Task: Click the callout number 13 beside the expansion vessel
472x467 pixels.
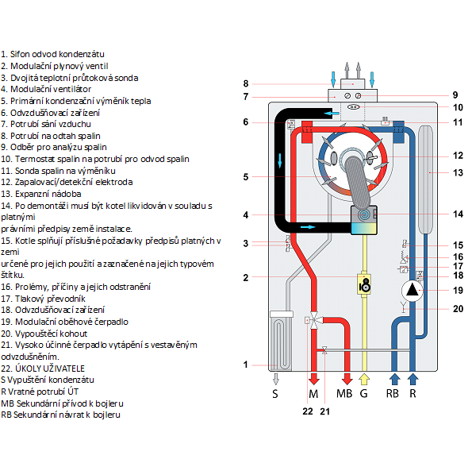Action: pyautogui.click(x=458, y=172)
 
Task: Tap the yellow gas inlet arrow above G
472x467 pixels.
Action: pyautogui.click(x=364, y=380)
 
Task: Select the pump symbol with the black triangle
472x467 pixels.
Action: pyautogui.click(x=412, y=291)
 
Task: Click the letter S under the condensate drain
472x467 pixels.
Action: pyautogui.click(x=274, y=393)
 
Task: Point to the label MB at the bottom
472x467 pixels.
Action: pyautogui.click(x=344, y=393)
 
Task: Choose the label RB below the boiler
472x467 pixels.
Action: pyautogui.click(x=392, y=393)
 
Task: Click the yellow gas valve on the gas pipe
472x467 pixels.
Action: pyautogui.click(x=364, y=284)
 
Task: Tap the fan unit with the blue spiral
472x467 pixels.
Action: pyautogui.click(x=364, y=220)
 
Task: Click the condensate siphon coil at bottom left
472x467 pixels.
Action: pyautogui.click(x=281, y=341)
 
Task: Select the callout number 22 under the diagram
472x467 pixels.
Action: pyautogui.click(x=308, y=411)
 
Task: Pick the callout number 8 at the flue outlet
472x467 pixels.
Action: pyautogui.click(x=246, y=83)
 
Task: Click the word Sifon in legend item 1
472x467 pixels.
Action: pyautogui.click(x=20, y=54)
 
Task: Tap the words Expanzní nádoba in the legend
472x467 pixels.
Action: pyautogui.click(x=48, y=194)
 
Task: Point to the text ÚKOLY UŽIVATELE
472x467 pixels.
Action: pyautogui.click(x=50, y=369)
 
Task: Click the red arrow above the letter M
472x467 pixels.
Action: pyautogui.click(x=314, y=380)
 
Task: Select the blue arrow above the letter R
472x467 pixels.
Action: pyautogui.click(x=413, y=380)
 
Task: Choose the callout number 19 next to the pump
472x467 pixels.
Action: pyautogui.click(x=458, y=291)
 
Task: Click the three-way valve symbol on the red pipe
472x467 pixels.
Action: pyautogui.click(x=314, y=321)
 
